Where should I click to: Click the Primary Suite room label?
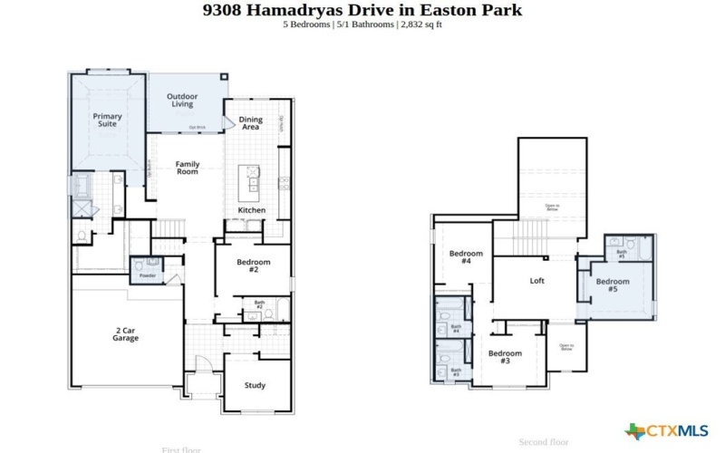click(x=107, y=120)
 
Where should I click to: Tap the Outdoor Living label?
click(x=182, y=100)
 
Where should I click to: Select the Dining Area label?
click(x=251, y=123)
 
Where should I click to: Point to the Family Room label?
click(x=187, y=168)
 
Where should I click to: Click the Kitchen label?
click(x=252, y=210)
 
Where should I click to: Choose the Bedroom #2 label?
click(x=254, y=265)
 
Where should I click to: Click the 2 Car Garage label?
click(x=125, y=334)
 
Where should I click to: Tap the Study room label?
click(x=255, y=385)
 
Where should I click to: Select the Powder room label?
click(x=147, y=275)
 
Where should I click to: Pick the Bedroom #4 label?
click(x=466, y=257)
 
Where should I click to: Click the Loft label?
click(x=537, y=281)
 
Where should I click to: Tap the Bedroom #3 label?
click(x=505, y=357)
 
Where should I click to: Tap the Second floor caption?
click(x=543, y=442)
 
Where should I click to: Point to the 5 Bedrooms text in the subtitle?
click(x=308, y=24)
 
